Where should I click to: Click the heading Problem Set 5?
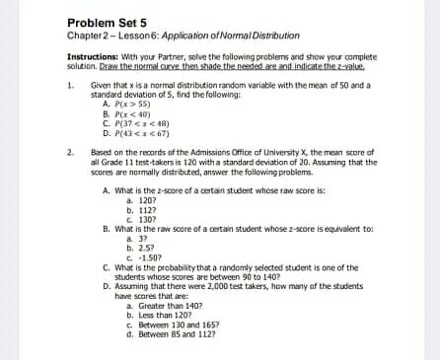click(107, 23)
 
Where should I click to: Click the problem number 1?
click(70, 86)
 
